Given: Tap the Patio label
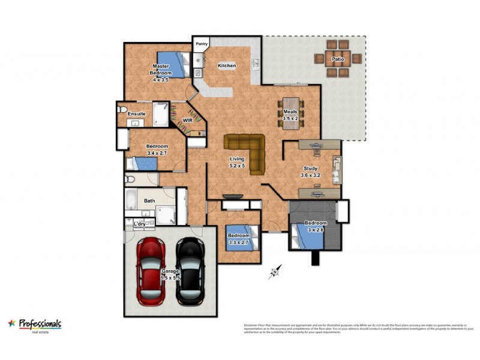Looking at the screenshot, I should [337, 59].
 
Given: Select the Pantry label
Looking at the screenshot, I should [201, 44].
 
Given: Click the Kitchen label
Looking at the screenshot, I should [226, 65].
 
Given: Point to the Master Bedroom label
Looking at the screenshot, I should [160, 73].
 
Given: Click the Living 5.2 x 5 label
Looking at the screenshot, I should [238, 162].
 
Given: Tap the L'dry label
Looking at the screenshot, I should [139, 224].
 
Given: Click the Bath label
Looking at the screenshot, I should [149, 201].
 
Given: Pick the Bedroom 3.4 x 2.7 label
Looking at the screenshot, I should [157, 149].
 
